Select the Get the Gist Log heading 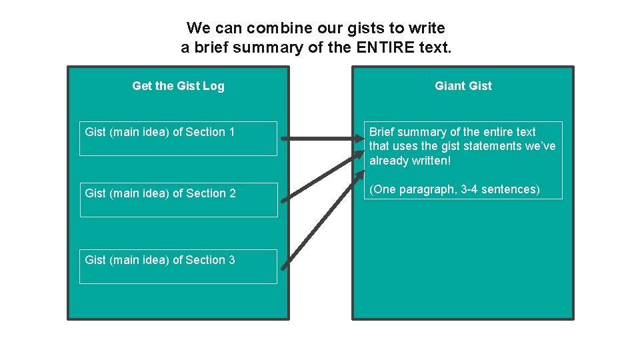[x=178, y=85]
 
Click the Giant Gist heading [x=463, y=85]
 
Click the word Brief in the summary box [x=382, y=132]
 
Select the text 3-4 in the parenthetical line [x=471, y=189]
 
